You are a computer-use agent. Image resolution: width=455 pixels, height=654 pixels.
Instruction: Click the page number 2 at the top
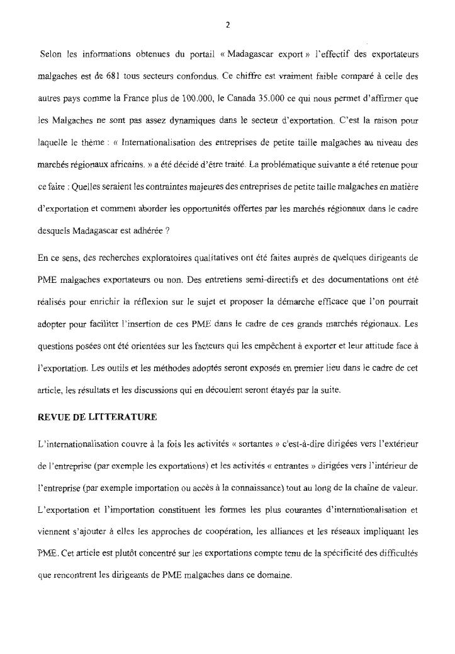[227, 26]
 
